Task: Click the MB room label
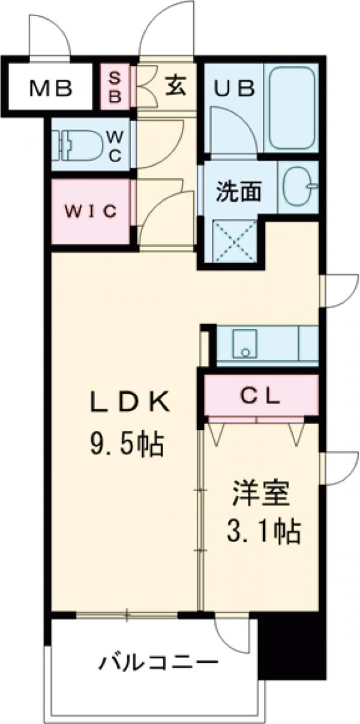[52, 89]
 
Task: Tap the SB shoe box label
[115, 88]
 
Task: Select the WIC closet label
[90, 211]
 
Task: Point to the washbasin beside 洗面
[298, 186]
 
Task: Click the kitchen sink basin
[244, 343]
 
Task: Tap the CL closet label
[261, 395]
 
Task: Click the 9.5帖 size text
[126, 444]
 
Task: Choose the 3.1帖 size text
[262, 532]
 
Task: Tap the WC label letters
[115, 145]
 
